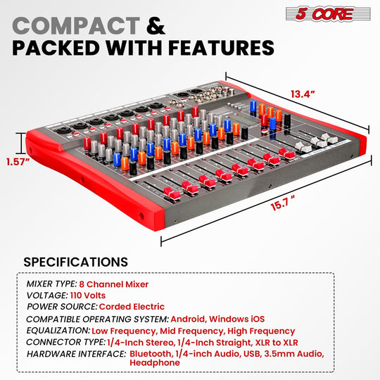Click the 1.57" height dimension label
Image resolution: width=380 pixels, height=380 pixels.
[16, 161]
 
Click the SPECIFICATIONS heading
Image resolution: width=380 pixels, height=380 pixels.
[75, 262]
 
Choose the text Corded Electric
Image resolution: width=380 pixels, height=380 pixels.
[132, 306]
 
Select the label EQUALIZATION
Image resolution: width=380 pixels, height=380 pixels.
[58, 331]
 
